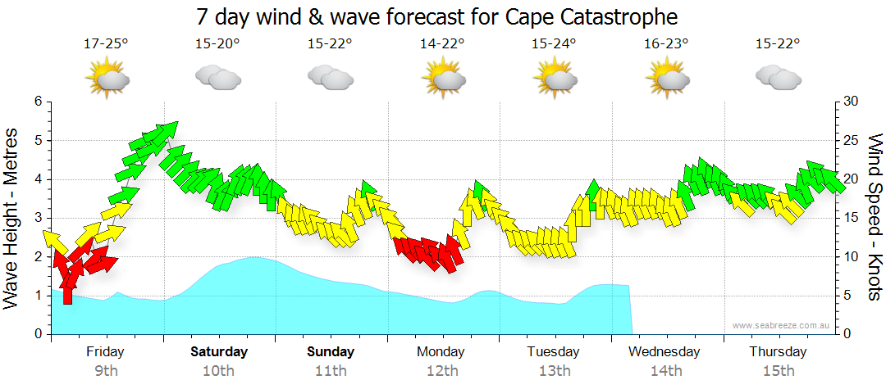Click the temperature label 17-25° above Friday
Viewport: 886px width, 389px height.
(x=106, y=43)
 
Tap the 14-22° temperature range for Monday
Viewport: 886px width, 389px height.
(x=442, y=43)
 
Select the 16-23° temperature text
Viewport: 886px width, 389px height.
(x=666, y=43)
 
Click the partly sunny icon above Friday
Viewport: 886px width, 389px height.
(x=107, y=79)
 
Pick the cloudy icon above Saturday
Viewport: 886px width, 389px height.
(x=217, y=78)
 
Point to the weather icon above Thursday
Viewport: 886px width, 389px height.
(x=778, y=78)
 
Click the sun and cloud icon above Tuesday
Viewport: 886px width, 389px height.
(x=555, y=79)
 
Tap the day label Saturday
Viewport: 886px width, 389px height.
(x=218, y=352)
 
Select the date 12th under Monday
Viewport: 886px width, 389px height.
(x=442, y=371)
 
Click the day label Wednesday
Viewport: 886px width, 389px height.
(x=664, y=352)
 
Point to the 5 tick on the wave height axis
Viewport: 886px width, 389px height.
(x=37, y=141)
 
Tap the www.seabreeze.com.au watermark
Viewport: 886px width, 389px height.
(x=781, y=325)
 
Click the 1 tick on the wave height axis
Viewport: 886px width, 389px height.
(x=37, y=296)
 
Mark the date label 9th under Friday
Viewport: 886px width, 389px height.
(x=106, y=371)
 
